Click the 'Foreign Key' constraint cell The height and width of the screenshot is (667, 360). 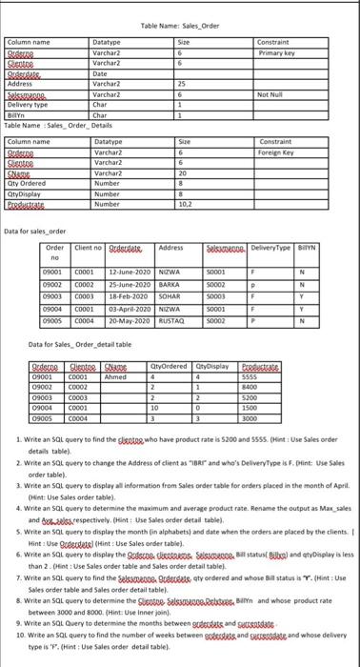pos(277,152)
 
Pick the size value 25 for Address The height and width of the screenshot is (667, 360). pos(183,85)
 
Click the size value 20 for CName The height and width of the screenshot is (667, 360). pos(184,172)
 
